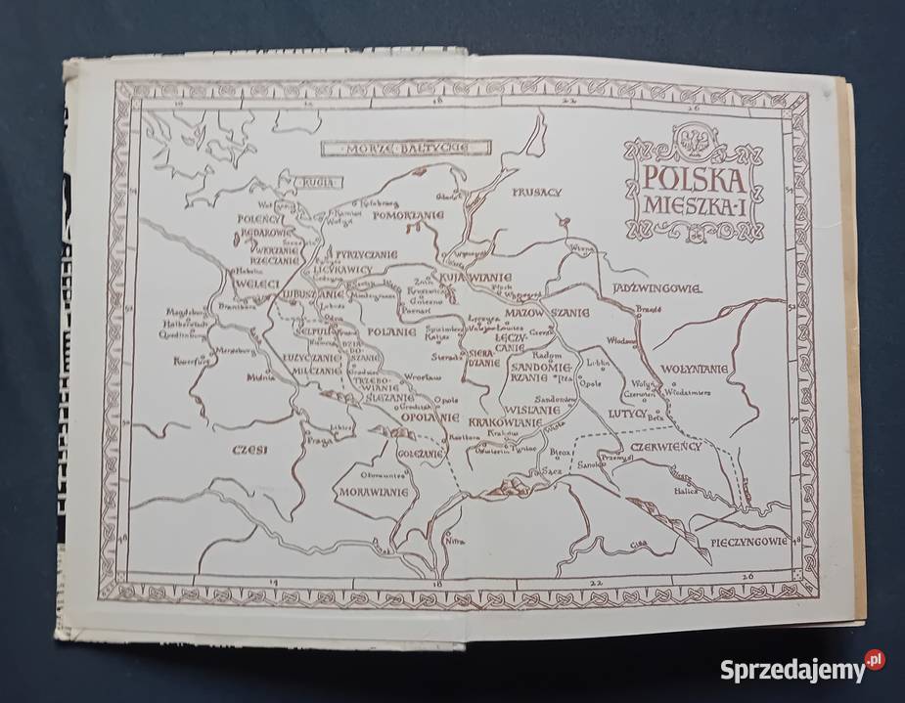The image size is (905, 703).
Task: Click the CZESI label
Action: click(x=245, y=449)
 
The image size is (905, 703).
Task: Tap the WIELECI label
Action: click(x=256, y=284)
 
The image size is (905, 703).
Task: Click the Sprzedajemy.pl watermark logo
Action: click(x=802, y=670)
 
